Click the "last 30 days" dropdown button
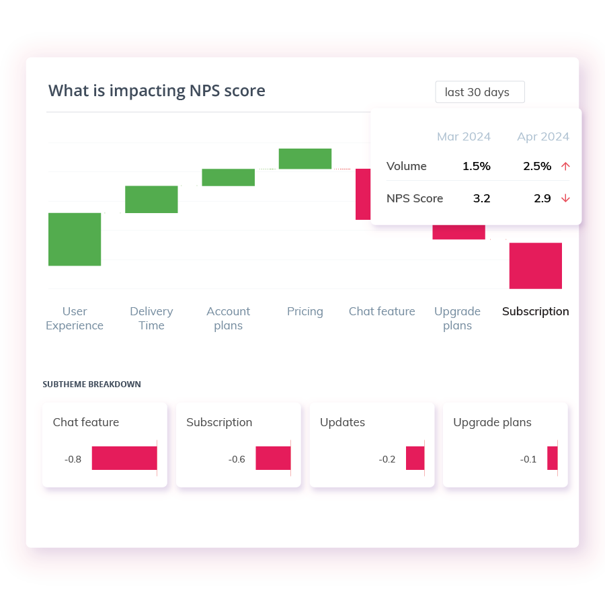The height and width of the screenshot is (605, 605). point(479,92)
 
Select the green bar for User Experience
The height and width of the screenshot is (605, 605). point(75,239)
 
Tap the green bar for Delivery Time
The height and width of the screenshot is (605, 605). point(151,199)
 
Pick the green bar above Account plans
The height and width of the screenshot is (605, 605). point(228,177)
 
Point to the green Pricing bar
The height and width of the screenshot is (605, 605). point(305,159)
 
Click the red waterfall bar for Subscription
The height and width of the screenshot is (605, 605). point(535,266)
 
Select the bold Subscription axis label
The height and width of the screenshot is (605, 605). point(535,311)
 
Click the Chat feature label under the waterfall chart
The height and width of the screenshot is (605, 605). point(382,311)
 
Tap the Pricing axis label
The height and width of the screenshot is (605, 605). point(305,311)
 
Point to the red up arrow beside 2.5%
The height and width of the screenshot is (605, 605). point(565,167)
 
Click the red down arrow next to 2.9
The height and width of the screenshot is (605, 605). point(565,198)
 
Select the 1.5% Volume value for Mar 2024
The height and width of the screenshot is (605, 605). point(476,166)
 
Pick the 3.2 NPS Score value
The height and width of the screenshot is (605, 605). point(481,198)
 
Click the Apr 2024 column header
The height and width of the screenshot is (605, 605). point(543,136)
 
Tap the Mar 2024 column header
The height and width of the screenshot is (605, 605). point(464,136)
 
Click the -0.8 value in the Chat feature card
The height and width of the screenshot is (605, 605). point(73,459)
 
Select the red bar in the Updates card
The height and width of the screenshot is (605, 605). point(415,458)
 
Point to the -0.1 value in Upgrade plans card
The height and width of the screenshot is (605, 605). point(528,459)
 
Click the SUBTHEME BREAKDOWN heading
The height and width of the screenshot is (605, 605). point(91,385)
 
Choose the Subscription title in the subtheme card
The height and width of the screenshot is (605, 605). point(219,422)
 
